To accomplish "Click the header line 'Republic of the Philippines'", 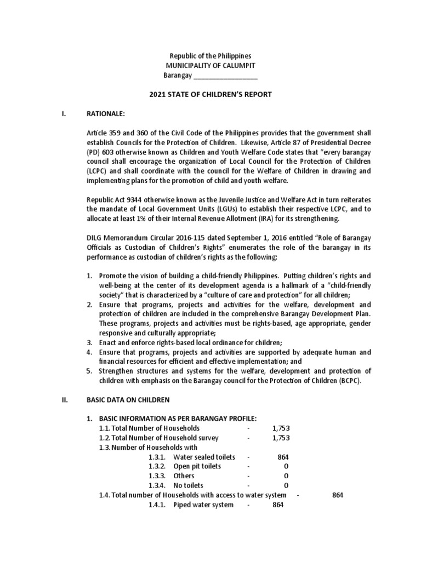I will (x=210, y=56).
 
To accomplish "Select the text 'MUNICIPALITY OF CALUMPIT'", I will (x=210, y=66).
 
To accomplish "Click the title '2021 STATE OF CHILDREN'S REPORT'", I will (x=210, y=95).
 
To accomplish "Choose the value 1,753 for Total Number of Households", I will (x=281, y=427).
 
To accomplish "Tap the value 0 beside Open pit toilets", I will (x=286, y=466).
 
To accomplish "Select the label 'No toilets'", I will (x=189, y=485).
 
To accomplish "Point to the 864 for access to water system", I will (x=338, y=495).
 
